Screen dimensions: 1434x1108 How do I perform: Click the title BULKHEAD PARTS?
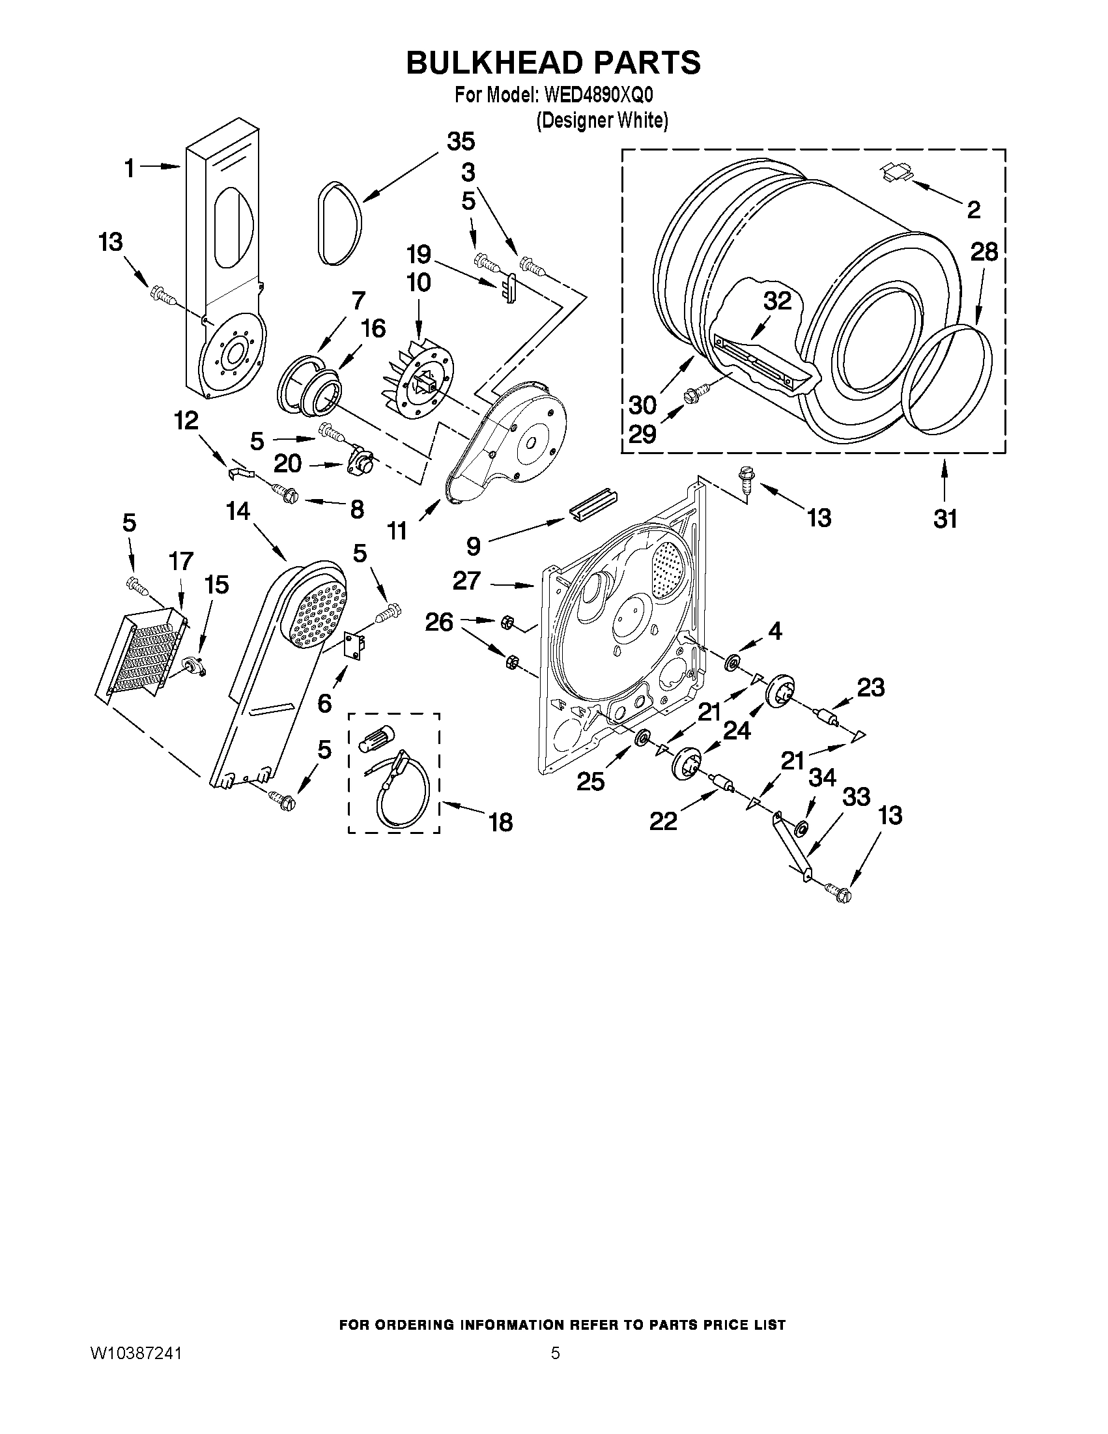click(553, 63)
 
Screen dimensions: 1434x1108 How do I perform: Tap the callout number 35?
click(461, 142)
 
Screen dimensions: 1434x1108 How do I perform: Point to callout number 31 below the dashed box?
click(945, 519)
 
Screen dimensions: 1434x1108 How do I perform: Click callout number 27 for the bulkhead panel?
click(466, 581)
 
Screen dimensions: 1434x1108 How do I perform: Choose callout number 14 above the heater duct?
click(238, 510)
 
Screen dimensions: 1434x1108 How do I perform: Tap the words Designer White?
click(602, 121)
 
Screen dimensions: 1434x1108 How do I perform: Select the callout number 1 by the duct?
click(130, 169)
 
